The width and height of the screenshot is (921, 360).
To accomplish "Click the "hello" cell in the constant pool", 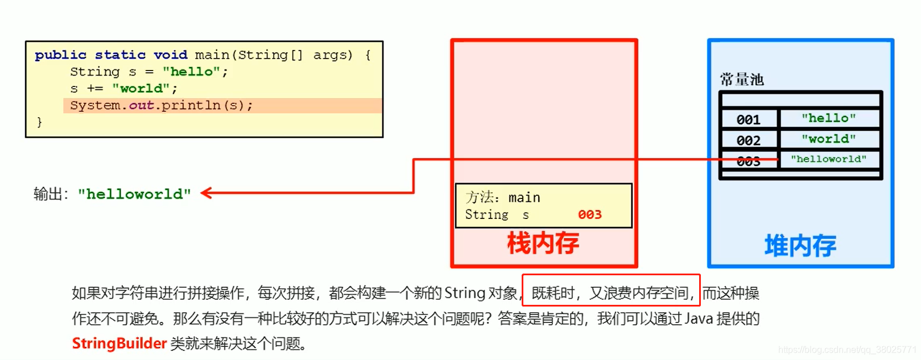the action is [x=829, y=118].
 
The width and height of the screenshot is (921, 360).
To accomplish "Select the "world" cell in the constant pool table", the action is [x=829, y=139].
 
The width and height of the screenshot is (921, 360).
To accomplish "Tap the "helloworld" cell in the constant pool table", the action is [x=829, y=159].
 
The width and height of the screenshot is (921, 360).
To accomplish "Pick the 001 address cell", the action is [x=748, y=119].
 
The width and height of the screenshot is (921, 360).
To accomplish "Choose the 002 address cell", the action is [x=748, y=140].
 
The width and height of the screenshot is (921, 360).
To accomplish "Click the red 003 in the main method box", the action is [x=590, y=214].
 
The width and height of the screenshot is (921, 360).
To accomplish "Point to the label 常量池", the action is [x=742, y=80].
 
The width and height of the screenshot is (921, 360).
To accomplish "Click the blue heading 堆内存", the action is [x=800, y=246].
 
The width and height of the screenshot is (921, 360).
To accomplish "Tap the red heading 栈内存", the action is [x=543, y=243].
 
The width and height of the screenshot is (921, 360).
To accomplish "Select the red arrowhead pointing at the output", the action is [x=206, y=193].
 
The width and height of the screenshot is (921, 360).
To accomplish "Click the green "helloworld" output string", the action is [x=134, y=194].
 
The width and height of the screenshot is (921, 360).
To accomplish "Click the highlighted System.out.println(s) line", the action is [x=162, y=105].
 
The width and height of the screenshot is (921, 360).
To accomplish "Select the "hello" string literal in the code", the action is [x=191, y=72].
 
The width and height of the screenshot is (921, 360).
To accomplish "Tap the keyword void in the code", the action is [x=170, y=55].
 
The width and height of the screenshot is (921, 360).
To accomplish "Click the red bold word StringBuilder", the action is [x=119, y=344].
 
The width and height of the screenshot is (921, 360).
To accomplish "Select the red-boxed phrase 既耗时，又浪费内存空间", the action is [x=611, y=293].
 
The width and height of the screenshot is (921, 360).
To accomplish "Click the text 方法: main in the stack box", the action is [x=503, y=197].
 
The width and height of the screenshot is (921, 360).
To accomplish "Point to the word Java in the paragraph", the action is [x=699, y=318].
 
